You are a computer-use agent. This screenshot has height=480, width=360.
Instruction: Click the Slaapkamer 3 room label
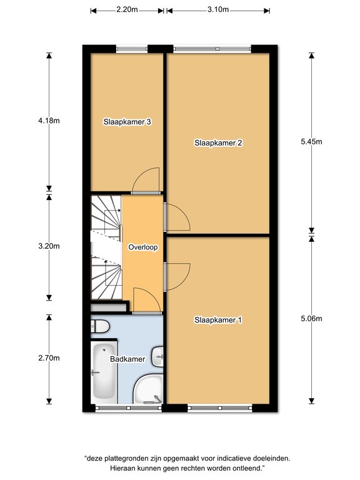127,122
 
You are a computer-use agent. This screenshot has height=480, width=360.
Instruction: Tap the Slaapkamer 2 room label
218,143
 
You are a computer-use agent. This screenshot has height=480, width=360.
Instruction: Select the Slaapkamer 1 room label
218,320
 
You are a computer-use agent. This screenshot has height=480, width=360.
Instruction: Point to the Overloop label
143,247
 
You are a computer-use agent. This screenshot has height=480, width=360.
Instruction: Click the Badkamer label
127,359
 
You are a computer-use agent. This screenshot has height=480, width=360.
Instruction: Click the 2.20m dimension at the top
127,9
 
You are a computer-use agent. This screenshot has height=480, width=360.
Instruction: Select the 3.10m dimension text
218,9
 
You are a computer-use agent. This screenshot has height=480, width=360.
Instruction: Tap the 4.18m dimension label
49,121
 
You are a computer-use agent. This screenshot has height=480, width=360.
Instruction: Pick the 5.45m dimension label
311,142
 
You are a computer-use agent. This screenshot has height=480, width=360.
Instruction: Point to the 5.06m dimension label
311,319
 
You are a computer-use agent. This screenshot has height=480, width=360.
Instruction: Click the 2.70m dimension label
49,358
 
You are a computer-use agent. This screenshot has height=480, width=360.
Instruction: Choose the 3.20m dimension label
49,246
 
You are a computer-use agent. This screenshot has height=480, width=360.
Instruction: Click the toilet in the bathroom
100,326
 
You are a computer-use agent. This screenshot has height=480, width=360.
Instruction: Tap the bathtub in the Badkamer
104,371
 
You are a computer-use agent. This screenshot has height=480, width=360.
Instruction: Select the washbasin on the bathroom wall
157,356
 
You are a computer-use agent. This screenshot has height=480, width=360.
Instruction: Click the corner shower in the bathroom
148,389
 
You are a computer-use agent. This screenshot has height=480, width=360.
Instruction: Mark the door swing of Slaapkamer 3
146,181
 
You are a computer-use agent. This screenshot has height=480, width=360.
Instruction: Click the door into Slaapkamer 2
177,217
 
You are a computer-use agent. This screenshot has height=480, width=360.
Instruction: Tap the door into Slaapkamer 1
177,276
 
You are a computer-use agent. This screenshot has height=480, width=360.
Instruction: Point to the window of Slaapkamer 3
132,49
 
